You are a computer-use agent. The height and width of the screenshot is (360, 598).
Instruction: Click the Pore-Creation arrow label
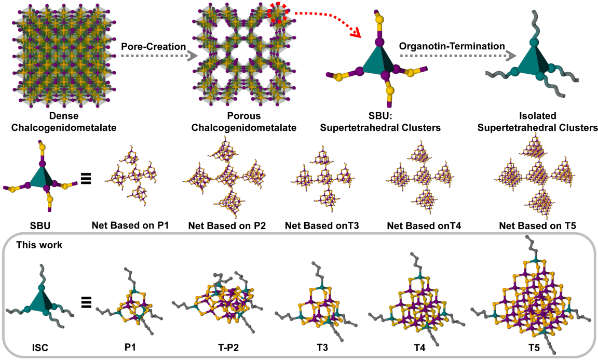(x=153, y=47)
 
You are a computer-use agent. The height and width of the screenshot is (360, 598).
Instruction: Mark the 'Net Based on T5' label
(x=533, y=226)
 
